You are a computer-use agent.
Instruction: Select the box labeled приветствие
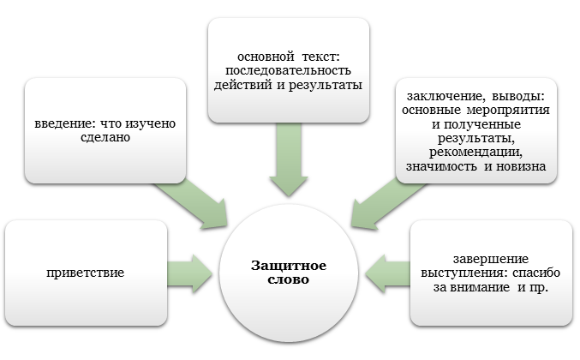coord(85,273)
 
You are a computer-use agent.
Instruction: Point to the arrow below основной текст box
coord(289,159)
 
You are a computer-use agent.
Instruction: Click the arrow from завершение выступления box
coord(386,272)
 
